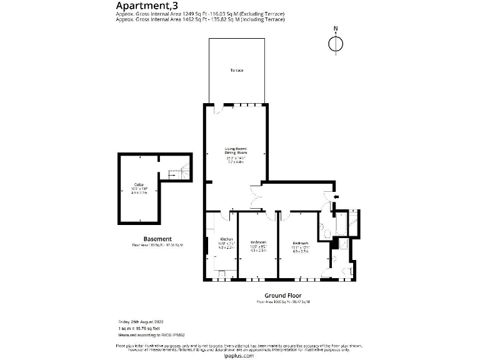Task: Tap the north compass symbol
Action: (x=336, y=43)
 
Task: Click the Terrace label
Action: (x=236, y=71)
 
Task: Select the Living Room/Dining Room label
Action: (x=236, y=151)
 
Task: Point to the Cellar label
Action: (x=138, y=184)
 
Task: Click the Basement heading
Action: (x=157, y=239)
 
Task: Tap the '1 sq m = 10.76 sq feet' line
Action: (x=139, y=328)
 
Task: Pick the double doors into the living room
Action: (x=254, y=198)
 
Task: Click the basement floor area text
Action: (x=157, y=246)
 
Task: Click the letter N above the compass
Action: (x=336, y=29)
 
